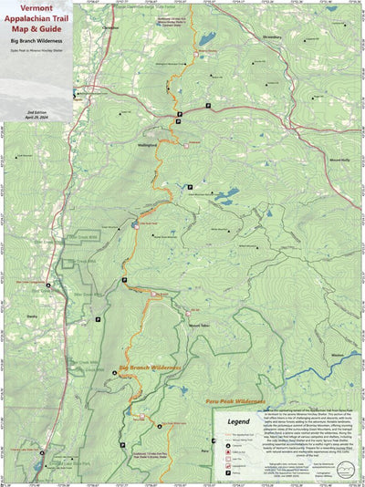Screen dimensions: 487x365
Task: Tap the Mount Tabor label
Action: click(199, 326)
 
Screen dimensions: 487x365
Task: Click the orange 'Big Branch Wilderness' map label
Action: click(151, 368)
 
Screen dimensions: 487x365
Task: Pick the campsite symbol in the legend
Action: click(222, 439)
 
